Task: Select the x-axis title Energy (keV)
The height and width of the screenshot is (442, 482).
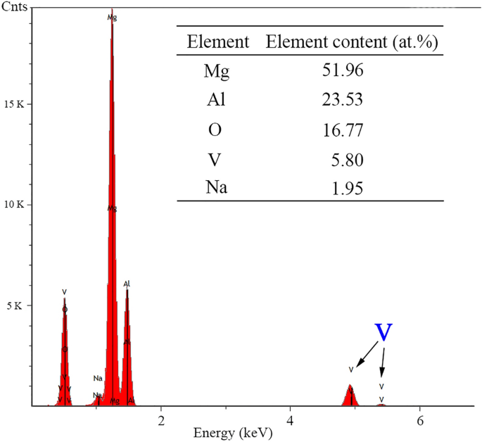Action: click(x=239, y=431)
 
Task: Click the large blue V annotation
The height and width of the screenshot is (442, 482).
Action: click(x=383, y=333)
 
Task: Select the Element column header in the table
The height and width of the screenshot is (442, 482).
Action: click(x=218, y=42)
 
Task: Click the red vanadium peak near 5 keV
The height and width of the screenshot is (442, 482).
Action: click(x=350, y=396)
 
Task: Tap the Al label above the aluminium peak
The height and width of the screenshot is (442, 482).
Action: click(x=127, y=284)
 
